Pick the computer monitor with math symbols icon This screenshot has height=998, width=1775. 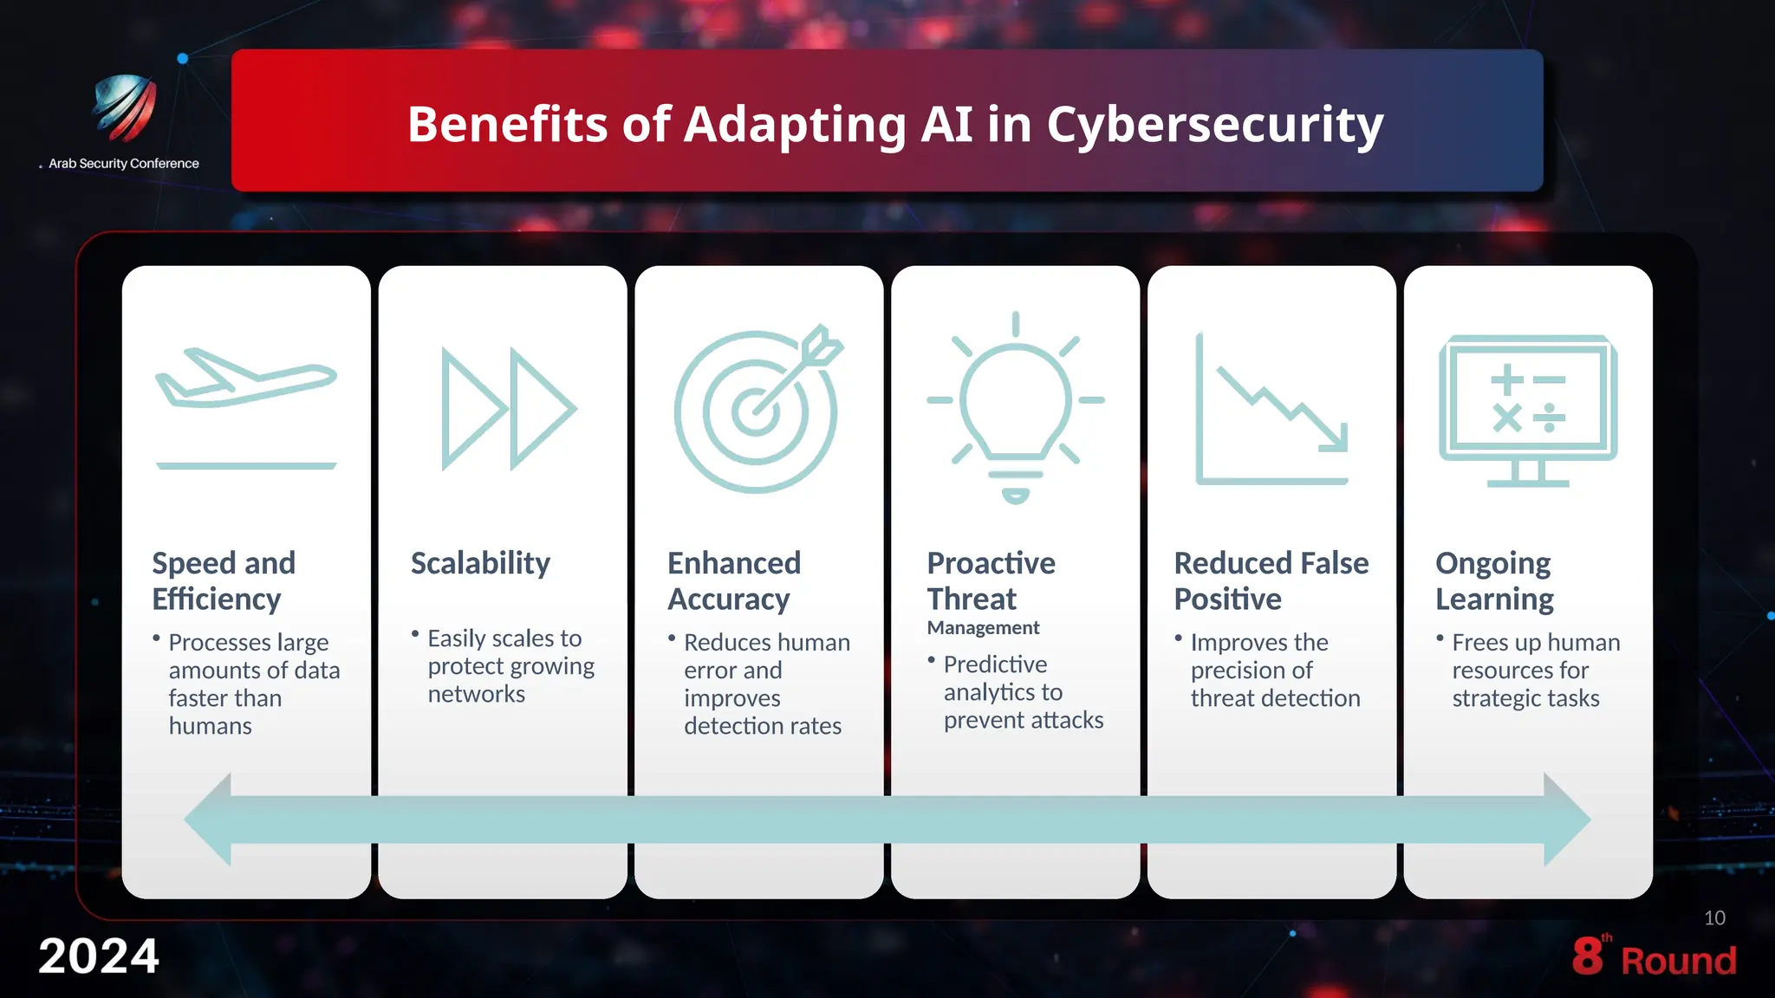pos(1527,409)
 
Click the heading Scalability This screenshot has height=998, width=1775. pos(480,563)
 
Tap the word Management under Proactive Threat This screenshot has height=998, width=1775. pos(983,627)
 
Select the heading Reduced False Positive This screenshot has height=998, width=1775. pos(1271,580)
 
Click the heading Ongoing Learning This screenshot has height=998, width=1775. pos(1494,580)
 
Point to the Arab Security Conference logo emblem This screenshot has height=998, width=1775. pos(126,107)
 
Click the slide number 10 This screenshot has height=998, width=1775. pos(1714,918)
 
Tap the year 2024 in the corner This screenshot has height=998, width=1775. pos(99,956)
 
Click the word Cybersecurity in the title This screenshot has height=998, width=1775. pos(1214,125)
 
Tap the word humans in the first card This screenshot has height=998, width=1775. pos(211,726)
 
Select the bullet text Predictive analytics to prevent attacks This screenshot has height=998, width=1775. pos(1023,692)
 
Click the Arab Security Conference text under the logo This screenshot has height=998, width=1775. pos(124,164)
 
